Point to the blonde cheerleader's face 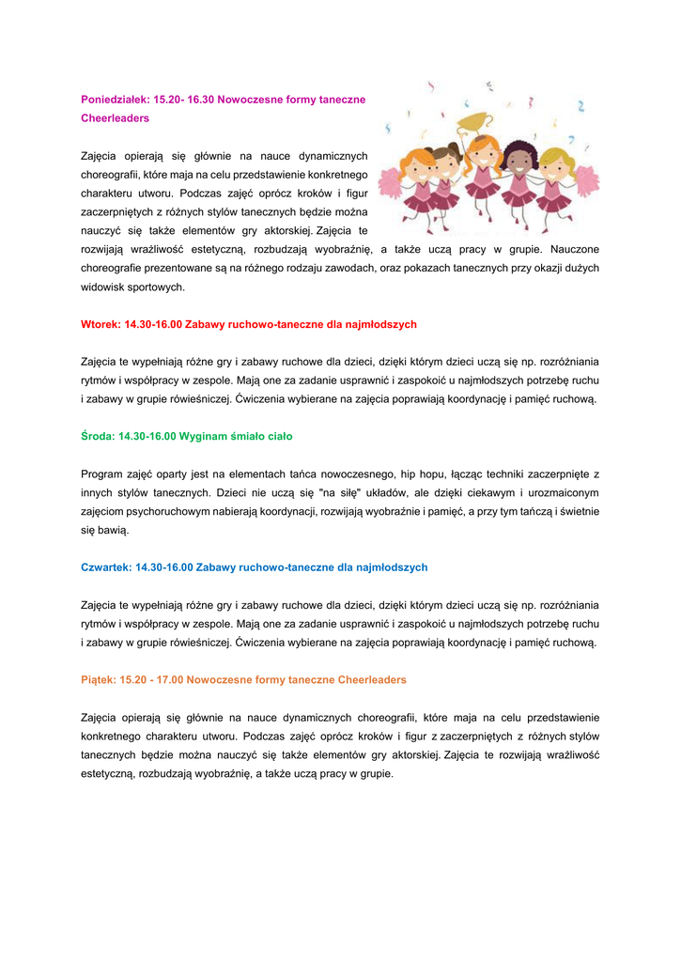click(553, 163)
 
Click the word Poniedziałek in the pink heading click(110, 99)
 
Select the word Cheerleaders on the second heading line click(115, 118)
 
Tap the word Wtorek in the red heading click(99, 324)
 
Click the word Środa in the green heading click(96, 436)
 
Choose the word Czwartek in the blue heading click(105, 567)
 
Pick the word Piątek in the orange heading click(98, 679)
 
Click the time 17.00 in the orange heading click(169, 679)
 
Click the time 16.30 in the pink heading click(201, 99)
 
